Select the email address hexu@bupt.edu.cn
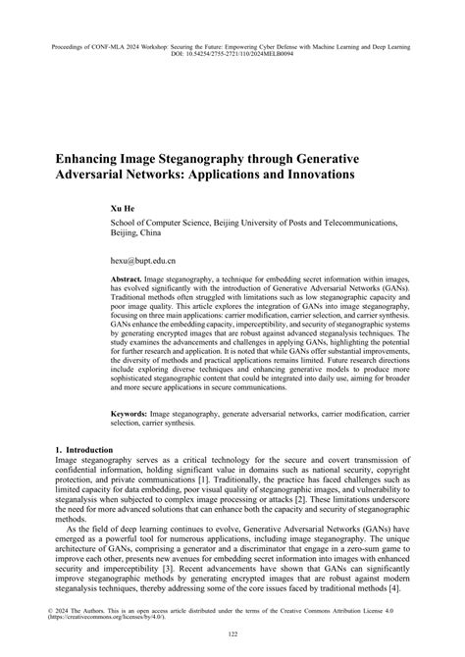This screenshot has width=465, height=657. (142, 263)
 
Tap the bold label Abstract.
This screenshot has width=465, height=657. (129, 279)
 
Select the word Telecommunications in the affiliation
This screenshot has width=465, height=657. (356, 224)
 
